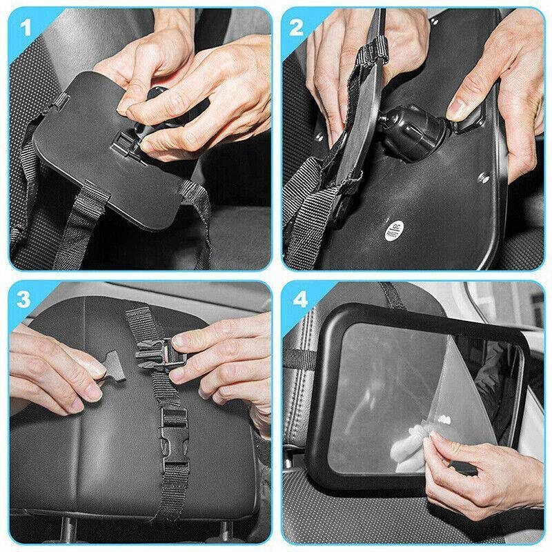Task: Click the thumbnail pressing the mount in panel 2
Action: [460, 108]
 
